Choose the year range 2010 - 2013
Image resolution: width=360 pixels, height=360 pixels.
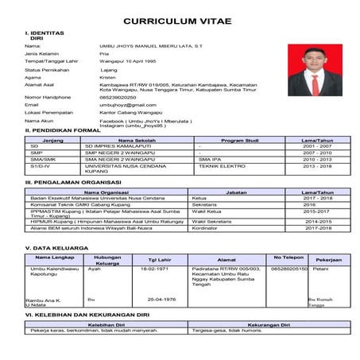[316, 159]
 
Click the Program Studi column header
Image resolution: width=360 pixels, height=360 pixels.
[240, 140]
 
